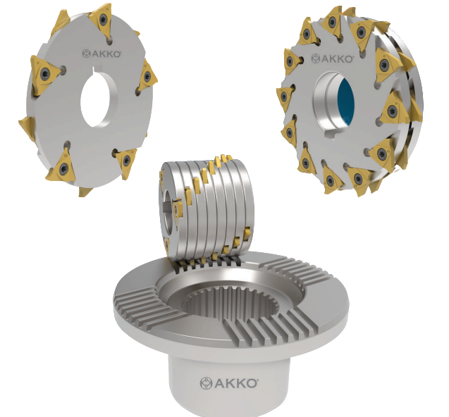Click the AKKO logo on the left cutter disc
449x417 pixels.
(x=102, y=54)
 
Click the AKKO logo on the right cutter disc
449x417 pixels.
(x=332, y=58)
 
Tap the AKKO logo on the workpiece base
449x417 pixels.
(x=229, y=383)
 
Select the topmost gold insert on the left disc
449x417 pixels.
(x=101, y=19)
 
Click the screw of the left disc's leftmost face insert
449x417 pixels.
(x=44, y=73)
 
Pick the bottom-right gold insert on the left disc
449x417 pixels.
(x=126, y=161)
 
